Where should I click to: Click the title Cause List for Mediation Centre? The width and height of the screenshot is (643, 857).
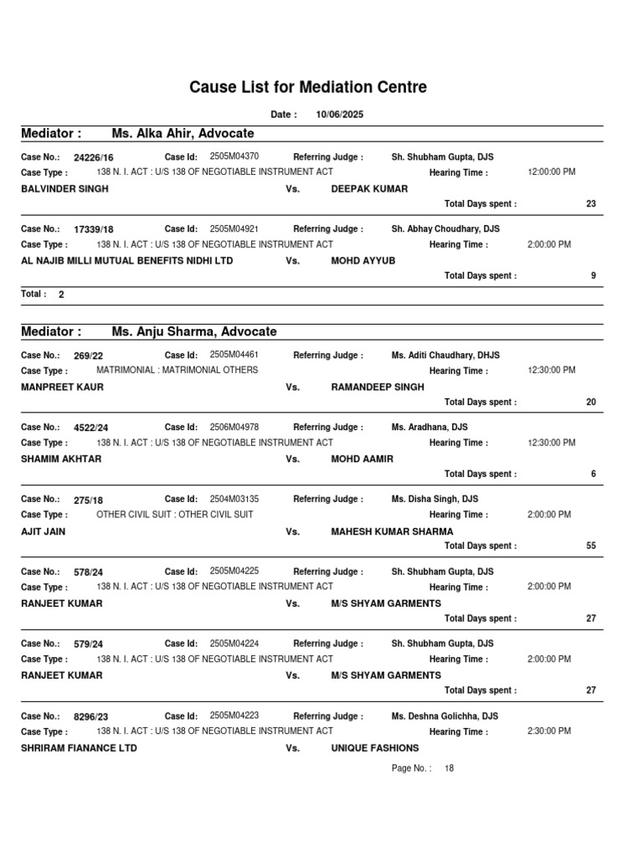308,87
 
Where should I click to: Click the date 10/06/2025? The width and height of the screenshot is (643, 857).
339,115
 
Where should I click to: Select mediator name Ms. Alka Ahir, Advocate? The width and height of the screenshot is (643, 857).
183,133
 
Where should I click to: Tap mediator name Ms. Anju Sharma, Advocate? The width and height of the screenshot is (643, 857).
193,332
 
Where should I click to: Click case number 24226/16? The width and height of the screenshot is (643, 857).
94,157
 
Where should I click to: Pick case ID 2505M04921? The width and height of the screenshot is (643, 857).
234,228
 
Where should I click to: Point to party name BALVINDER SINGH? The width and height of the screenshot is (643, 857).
64,189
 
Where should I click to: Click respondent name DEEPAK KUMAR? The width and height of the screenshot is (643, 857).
369,189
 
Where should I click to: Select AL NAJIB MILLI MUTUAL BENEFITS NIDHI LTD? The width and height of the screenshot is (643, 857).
126,261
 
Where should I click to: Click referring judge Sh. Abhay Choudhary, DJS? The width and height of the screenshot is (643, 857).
445,228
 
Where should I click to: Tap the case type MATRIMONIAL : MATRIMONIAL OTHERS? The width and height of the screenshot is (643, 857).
177,370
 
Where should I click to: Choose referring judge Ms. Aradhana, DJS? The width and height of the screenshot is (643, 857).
430,427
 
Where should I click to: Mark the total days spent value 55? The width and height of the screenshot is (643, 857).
591,546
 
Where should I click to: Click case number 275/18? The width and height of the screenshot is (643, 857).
88,500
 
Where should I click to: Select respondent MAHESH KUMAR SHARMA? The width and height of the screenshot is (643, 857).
392,531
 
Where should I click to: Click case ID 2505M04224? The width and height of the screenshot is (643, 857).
234,644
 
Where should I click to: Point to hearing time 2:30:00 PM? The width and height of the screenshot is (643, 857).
549,731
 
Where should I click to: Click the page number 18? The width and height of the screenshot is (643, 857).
450,768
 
